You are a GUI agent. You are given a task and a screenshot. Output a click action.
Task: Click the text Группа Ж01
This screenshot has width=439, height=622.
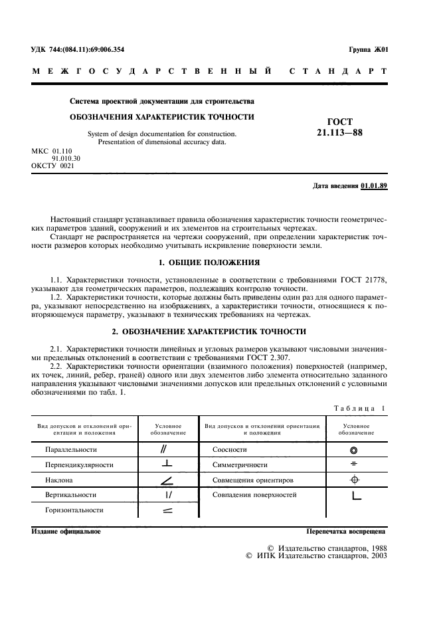pyautogui.click(x=368, y=50)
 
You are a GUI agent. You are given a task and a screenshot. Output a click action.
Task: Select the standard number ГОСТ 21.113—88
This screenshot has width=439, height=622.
pyautogui.click(x=340, y=127)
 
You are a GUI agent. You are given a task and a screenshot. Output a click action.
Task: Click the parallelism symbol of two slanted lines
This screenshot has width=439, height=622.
pyautogui.click(x=167, y=449)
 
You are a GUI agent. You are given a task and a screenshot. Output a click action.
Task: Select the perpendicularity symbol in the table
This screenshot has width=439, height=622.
pyautogui.click(x=167, y=465)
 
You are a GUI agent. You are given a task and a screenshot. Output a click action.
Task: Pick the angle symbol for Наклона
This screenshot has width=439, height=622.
pyautogui.click(x=167, y=480)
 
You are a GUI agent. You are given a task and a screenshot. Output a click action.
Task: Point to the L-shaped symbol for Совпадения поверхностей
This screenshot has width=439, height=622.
pyautogui.click(x=355, y=495)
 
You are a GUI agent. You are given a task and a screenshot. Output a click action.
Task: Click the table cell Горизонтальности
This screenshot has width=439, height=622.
pyautogui.click(x=74, y=510)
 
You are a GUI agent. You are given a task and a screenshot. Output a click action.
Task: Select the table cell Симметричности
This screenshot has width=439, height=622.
pyautogui.click(x=240, y=465)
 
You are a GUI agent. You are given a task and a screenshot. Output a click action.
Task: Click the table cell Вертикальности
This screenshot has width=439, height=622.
pyautogui.click(x=71, y=495)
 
